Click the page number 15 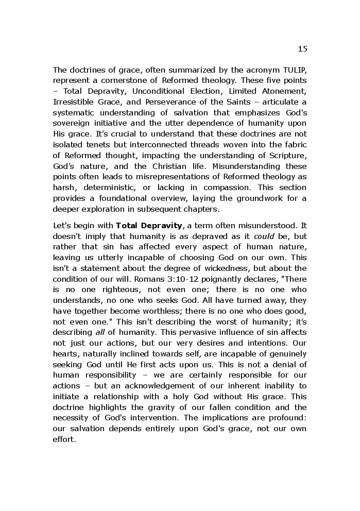pyautogui.click(x=302, y=49)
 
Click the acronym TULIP pyautogui.click(x=294, y=70)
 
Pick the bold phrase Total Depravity pyautogui.click(x=149, y=225)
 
